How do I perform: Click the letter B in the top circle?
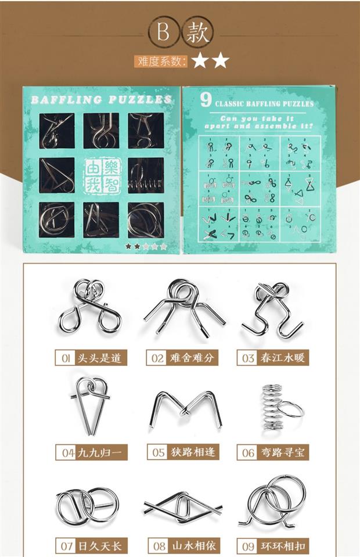[163, 33]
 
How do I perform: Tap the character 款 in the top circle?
[196, 33]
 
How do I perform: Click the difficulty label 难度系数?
[161, 60]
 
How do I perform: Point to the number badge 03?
[248, 358]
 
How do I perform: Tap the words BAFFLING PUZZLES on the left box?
[101, 100]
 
